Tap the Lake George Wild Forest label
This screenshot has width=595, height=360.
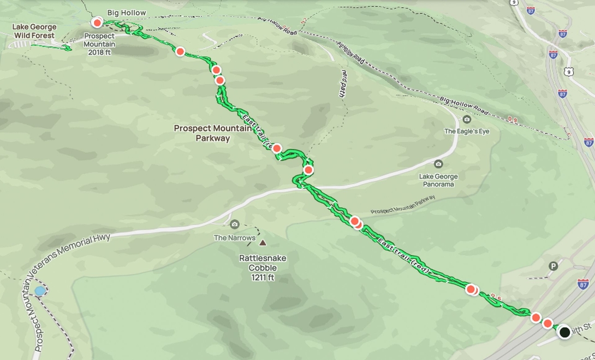[34, 31]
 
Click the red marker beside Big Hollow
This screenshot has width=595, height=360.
[97, 22]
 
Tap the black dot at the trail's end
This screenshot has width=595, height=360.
[564, 332]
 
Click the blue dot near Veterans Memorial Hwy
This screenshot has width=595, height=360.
[40, 291]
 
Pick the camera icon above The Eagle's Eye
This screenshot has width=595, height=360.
[466, 120]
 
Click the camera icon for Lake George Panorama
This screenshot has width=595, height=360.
[438, 164]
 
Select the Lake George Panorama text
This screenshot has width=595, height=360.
[438, 180]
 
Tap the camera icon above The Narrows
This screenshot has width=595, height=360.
[235, 225]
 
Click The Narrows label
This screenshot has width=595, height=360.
[235, 238]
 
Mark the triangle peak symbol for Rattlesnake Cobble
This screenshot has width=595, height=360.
[263, 243]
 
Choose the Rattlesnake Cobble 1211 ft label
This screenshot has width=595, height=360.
[263, 268]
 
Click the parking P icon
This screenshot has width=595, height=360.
[553, 266]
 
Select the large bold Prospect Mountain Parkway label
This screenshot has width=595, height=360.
[213, 133]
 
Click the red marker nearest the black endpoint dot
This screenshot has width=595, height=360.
[548, 323]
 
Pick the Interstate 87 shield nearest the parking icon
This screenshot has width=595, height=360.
[582, 284]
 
